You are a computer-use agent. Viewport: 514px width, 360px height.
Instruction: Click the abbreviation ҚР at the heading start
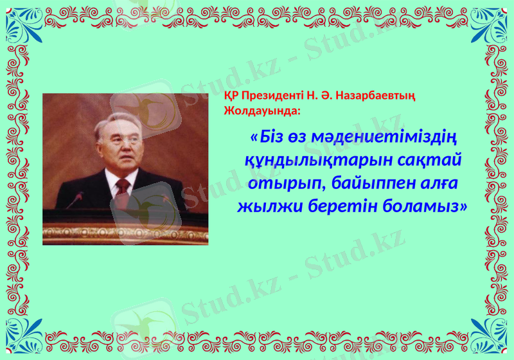point(231,96)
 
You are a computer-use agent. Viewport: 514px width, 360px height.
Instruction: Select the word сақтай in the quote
point(430,159)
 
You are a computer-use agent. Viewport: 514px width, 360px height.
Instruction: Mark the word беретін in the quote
point(344,207)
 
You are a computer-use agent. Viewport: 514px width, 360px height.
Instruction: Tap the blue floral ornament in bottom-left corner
point(23,337)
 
